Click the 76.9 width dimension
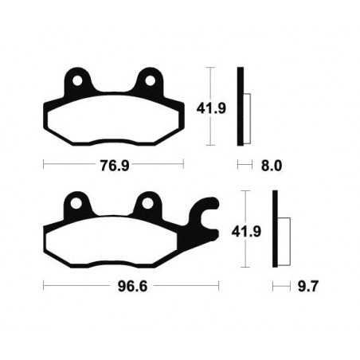(112, 167)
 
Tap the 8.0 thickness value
(272, 167)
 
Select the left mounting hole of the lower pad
(74, 204)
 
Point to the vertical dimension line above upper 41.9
(209, 81)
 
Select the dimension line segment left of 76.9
(64, 167)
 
